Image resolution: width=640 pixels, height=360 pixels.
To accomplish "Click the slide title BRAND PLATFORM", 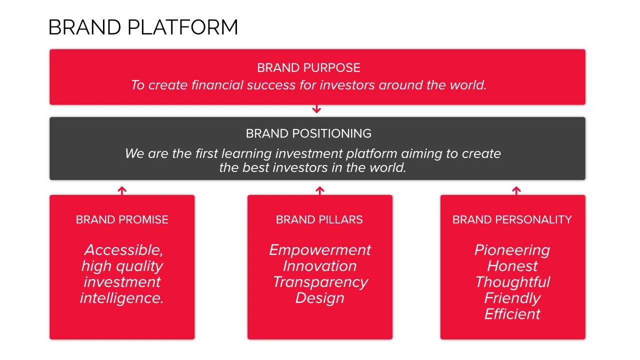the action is click(x=143, y=27).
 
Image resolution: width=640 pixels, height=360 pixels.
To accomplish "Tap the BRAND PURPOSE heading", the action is click(x=308, y=68).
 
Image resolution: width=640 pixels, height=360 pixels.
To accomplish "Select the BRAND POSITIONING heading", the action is click(x=308, y=133).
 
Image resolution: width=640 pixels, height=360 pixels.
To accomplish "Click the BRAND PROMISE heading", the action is click(x=122, y=219).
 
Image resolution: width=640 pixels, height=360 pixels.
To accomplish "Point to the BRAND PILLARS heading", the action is click(x=319, y=219).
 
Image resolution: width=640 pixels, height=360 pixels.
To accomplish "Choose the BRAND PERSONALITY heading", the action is click(x=512, y=219).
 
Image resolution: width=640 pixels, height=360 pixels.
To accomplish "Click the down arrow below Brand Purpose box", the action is click(x=316, y=109).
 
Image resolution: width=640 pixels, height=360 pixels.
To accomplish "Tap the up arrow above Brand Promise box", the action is click(x=122, y=191).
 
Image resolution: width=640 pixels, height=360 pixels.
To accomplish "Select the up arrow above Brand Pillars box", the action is click(x=320, y=191).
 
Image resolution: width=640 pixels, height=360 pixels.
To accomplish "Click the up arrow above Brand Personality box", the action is click(x=516, y=191).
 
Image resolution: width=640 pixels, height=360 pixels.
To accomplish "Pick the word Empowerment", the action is click(x=319, y=250).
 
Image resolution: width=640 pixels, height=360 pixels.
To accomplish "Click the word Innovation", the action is click(x=319, y=266).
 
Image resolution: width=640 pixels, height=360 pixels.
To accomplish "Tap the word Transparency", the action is click(x=320, y=283).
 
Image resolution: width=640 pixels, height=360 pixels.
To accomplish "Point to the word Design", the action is click(x=319, y=298).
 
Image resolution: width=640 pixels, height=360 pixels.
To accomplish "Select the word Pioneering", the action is click(x=512, y=250).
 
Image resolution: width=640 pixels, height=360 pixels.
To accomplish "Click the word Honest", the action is click(x=512, y=266).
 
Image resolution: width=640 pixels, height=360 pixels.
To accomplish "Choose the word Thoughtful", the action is click(x=512, y=283).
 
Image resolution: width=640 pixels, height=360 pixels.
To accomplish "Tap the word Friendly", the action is click(x=512, y=298).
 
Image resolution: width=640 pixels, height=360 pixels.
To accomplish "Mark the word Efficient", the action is click(x=512, y=314).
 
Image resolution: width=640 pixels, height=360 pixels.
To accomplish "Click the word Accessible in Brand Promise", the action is click(x=123, y=250).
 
